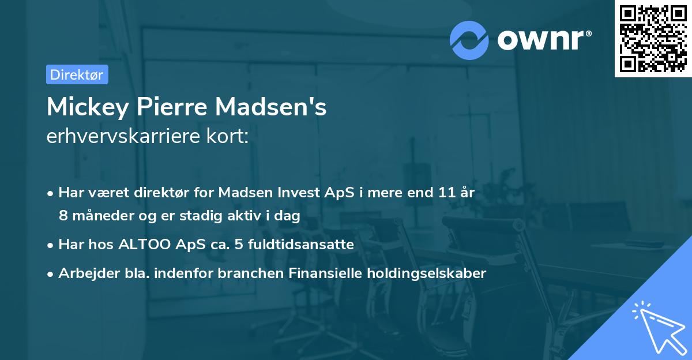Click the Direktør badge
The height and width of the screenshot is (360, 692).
pyautogui.click(x=77, y=74)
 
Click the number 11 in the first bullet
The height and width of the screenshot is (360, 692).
pyautogui.click(x=443, y=193)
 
